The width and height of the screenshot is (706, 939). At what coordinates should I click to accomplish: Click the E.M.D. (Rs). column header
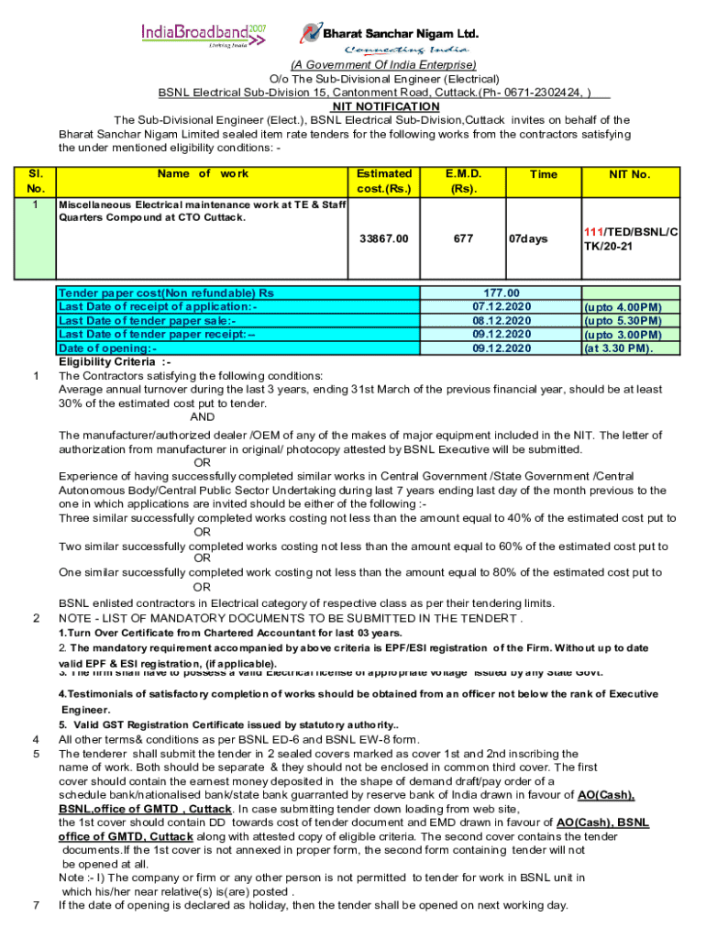pos(462,181)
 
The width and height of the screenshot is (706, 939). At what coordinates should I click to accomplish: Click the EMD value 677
pos(463,238)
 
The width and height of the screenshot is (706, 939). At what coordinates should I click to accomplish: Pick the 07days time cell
pos(529,238)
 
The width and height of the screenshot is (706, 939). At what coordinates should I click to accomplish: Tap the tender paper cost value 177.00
pos(502,293)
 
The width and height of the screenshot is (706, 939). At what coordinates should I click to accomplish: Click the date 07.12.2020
pos(502,306)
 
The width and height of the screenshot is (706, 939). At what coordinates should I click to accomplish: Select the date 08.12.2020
pos(502,320)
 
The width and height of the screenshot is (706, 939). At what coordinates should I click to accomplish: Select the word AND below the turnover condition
pos(203,417)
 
